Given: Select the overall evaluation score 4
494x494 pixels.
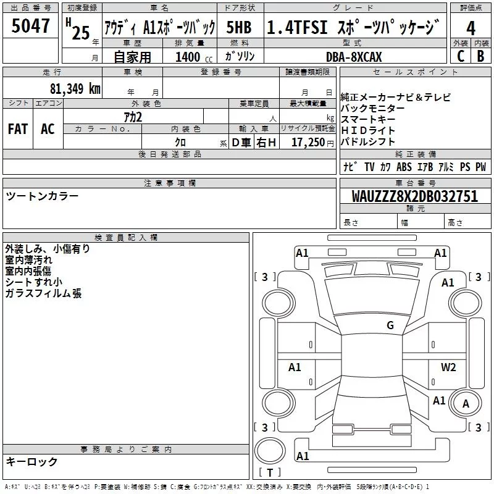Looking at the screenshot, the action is point(471,28).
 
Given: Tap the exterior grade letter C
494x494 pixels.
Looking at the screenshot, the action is point(461,56).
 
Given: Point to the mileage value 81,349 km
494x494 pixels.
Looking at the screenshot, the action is point(75,88).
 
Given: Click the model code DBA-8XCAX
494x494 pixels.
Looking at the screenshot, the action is point(354,57).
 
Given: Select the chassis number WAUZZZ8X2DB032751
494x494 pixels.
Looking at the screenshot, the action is point(415,196).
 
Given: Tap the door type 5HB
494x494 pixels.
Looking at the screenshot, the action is point(239,28).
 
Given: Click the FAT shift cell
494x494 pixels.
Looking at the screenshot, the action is point(18,128).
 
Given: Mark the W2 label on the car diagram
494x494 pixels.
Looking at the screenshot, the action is point(448,367).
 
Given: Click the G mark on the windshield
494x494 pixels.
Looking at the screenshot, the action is point(390,325).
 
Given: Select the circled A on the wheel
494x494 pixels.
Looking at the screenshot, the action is point(466,404).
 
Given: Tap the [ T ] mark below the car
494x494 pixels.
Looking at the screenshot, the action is point(269,472).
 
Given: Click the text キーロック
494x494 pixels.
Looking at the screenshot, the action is point(31,461).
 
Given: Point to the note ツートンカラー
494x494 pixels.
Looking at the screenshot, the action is point(42,196).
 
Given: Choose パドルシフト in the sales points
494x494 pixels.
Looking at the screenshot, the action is point(368,141).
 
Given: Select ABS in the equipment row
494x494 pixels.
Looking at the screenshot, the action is point(404,167).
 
